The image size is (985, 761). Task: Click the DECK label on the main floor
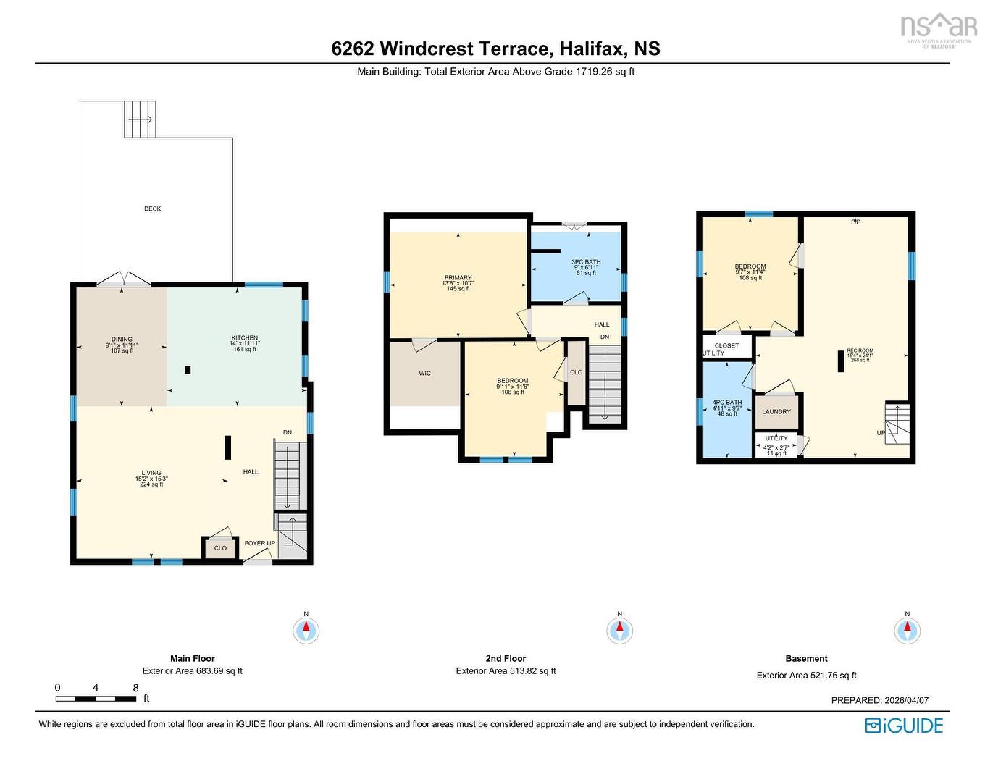point(152,209)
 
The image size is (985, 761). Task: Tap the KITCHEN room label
point(245,338)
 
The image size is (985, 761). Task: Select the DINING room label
point(122,340)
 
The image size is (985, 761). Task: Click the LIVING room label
point(151,473)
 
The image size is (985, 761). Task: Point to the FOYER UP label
point(259,543)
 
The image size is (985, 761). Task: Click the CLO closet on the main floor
point(220,548)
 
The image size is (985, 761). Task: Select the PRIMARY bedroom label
point(458,278)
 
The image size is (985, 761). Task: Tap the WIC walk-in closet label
point(424,374)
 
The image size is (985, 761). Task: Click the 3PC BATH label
point(586,262)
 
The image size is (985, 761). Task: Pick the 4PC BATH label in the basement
point(727,403)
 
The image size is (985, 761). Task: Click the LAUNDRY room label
point(776,412)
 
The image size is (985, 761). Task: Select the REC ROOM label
point(860,350)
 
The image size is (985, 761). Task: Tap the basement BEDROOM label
point(750,266)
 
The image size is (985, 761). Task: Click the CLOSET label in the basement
point(726,345)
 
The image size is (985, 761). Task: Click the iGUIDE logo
point(904,726)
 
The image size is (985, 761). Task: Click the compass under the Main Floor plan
point(306,630)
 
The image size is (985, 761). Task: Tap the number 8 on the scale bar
point(135,688)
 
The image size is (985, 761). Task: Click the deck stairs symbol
point(140,119)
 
